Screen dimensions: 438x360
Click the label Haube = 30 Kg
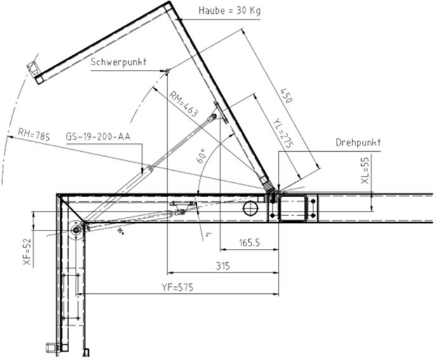230,11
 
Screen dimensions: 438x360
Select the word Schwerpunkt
119,62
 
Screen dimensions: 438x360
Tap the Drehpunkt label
358,142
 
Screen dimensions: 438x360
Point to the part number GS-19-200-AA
98,137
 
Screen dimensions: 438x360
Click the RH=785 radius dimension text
34,134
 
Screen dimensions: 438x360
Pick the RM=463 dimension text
184,104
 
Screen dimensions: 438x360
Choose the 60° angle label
202,156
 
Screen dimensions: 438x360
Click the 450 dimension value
286,95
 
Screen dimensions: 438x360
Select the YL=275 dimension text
283,133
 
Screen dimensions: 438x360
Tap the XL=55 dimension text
365,170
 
